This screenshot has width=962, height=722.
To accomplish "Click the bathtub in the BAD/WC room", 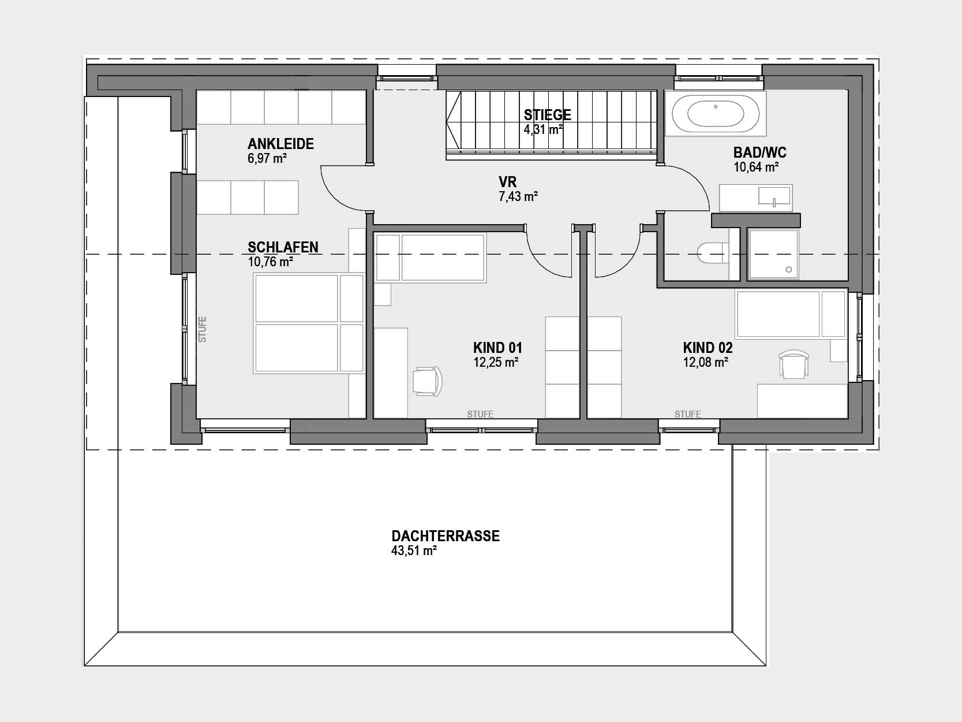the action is (x=715, y=114).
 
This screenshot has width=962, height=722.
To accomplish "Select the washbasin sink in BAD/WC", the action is (x=774, y=196).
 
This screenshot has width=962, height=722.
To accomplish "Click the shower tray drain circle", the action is (x=789, y=270).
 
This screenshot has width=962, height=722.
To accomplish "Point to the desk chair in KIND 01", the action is (x=427, y=381).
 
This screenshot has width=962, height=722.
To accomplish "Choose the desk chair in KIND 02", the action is (x=793, y=364).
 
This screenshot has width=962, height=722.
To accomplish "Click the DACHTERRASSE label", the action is (x=446, y=536).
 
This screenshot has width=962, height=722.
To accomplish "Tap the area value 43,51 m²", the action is (x=414, y=551).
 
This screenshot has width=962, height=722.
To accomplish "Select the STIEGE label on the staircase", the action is (x=548, y=115).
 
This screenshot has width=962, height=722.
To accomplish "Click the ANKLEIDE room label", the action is (x=280, y=144).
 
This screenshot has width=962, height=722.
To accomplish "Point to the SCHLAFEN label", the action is (x=283, y=247).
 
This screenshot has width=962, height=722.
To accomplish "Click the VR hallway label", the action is (x=507, y=181).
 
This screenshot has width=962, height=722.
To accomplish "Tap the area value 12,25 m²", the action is (x=496, y=363).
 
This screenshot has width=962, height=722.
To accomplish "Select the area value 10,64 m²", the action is (x=756, y=168).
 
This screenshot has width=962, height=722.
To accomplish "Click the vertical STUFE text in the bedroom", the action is (x=202, y=329).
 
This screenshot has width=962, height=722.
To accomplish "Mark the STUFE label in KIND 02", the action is (x=688, y=414).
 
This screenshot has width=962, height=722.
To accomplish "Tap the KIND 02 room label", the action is (x=708, y=348).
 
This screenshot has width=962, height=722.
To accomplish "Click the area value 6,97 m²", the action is (x=267, y=158).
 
